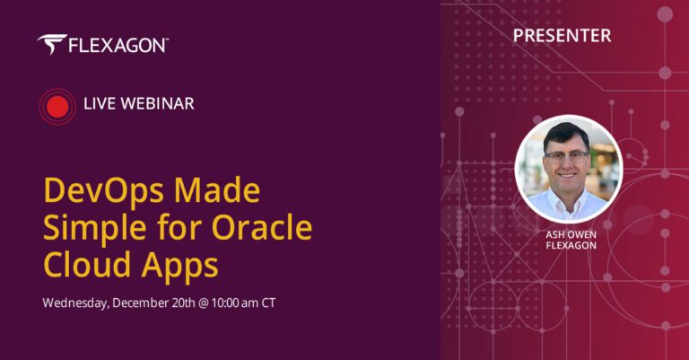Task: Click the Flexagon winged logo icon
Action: (x=52, y=44)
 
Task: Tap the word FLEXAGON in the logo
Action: (x=118, y=45)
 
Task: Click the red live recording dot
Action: (x=57, y=107)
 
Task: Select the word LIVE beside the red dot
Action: (x=100, y=104)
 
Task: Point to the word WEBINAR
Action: (x=157, y=104)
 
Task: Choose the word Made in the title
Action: (x=217, y=190)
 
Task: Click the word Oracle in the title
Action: (x=262, y=227)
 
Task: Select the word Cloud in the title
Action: (x=87, y=265)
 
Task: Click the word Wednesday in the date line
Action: (x=75, y=303)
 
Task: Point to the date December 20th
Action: (x=153, y=303)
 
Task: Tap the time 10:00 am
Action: (x=235, y=303)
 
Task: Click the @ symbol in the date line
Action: (x=204, y=303)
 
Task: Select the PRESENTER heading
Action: (x=562, y=36)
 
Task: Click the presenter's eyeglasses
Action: (x=567, y=156)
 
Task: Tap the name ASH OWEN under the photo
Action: (x=571, y=234)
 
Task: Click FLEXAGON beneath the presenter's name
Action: (x=571, y=245)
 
